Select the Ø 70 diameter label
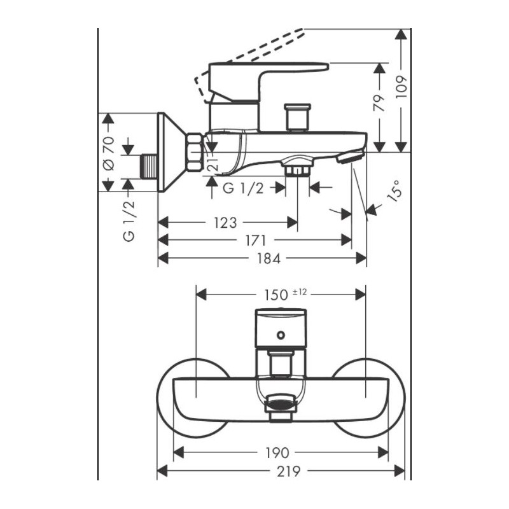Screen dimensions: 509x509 [108, 153]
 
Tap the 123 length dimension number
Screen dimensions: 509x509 [225, 223]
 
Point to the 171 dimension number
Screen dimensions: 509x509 [254, 240]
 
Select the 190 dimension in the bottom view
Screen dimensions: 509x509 [278, 452]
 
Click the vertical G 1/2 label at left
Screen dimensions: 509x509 [129, 220]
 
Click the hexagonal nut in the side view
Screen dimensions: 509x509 [194, 153]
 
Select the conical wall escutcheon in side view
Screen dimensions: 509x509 [171, 153]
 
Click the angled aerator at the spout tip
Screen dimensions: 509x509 [351, 156]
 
